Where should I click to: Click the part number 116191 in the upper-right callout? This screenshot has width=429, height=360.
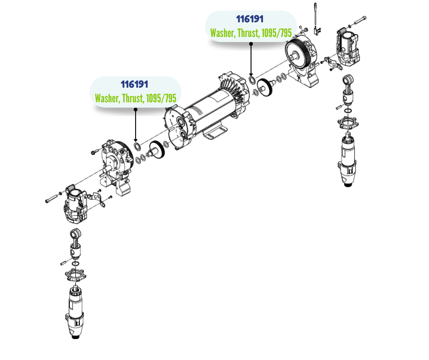250,19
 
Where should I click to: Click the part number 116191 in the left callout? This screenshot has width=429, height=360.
134,84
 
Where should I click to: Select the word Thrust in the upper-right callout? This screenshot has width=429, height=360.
248,33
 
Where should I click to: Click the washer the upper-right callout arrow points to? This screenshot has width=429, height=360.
252,80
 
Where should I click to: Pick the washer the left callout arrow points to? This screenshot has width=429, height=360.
137,146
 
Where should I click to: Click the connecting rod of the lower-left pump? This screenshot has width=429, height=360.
75,241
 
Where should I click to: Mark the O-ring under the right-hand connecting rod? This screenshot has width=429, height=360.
348,111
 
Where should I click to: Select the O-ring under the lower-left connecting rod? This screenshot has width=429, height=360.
75,264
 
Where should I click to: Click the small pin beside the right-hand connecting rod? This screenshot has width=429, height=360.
339,107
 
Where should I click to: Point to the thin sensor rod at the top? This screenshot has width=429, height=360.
315,14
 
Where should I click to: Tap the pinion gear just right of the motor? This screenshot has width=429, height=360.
265,87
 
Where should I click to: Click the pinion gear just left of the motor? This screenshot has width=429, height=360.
157,150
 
